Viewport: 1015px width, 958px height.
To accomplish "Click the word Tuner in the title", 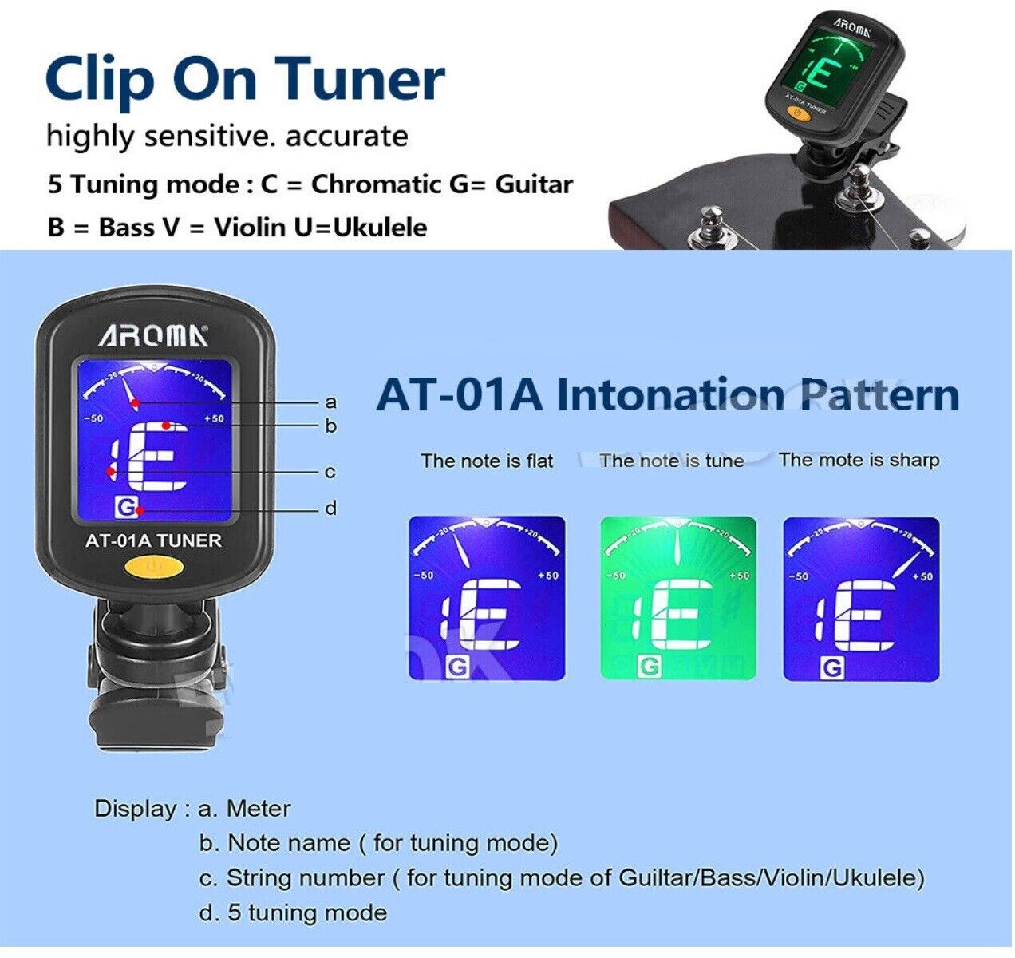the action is point(363,79).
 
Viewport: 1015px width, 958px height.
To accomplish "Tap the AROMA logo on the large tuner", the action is point(153,336).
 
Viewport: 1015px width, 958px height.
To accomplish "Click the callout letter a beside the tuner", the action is point(330,402).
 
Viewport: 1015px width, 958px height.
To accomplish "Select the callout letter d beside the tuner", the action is point(330,508).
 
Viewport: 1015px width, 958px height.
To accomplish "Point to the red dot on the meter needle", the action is point(135,403).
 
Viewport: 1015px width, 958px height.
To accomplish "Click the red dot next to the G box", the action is point(140,510).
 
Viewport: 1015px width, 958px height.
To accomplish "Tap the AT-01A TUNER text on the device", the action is point(153,540).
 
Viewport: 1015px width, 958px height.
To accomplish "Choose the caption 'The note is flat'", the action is point(487,461).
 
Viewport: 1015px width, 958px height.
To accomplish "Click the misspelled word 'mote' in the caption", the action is point(840,460).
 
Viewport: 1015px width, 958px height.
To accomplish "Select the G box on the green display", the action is point(650,667).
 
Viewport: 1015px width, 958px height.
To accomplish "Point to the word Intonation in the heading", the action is point(670,394).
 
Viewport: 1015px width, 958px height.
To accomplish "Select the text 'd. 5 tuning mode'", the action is point(293,912).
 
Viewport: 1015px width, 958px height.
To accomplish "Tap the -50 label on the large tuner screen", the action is point(93,418).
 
